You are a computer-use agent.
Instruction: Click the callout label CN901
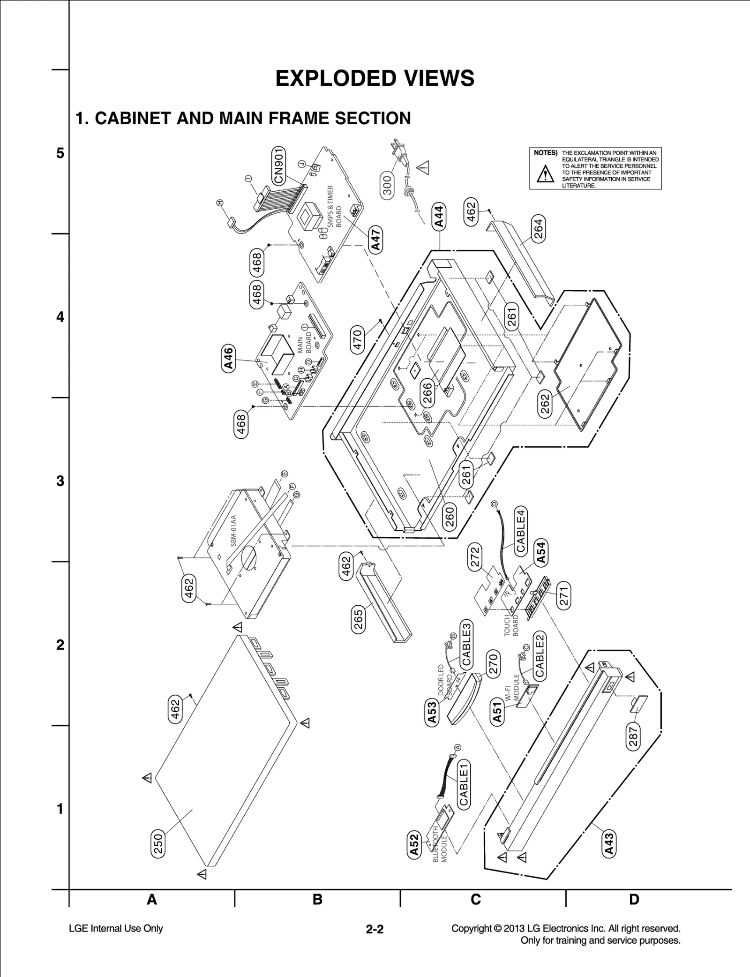279,165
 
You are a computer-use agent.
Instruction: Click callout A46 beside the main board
228,359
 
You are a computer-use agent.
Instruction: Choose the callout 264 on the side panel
539,229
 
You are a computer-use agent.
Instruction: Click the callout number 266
427,393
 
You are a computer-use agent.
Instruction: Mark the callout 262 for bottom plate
545,404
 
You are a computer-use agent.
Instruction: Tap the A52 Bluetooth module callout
414,845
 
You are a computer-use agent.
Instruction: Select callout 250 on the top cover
158,844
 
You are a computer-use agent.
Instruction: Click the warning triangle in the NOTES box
545,174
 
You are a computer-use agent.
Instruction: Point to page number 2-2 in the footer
375,929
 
